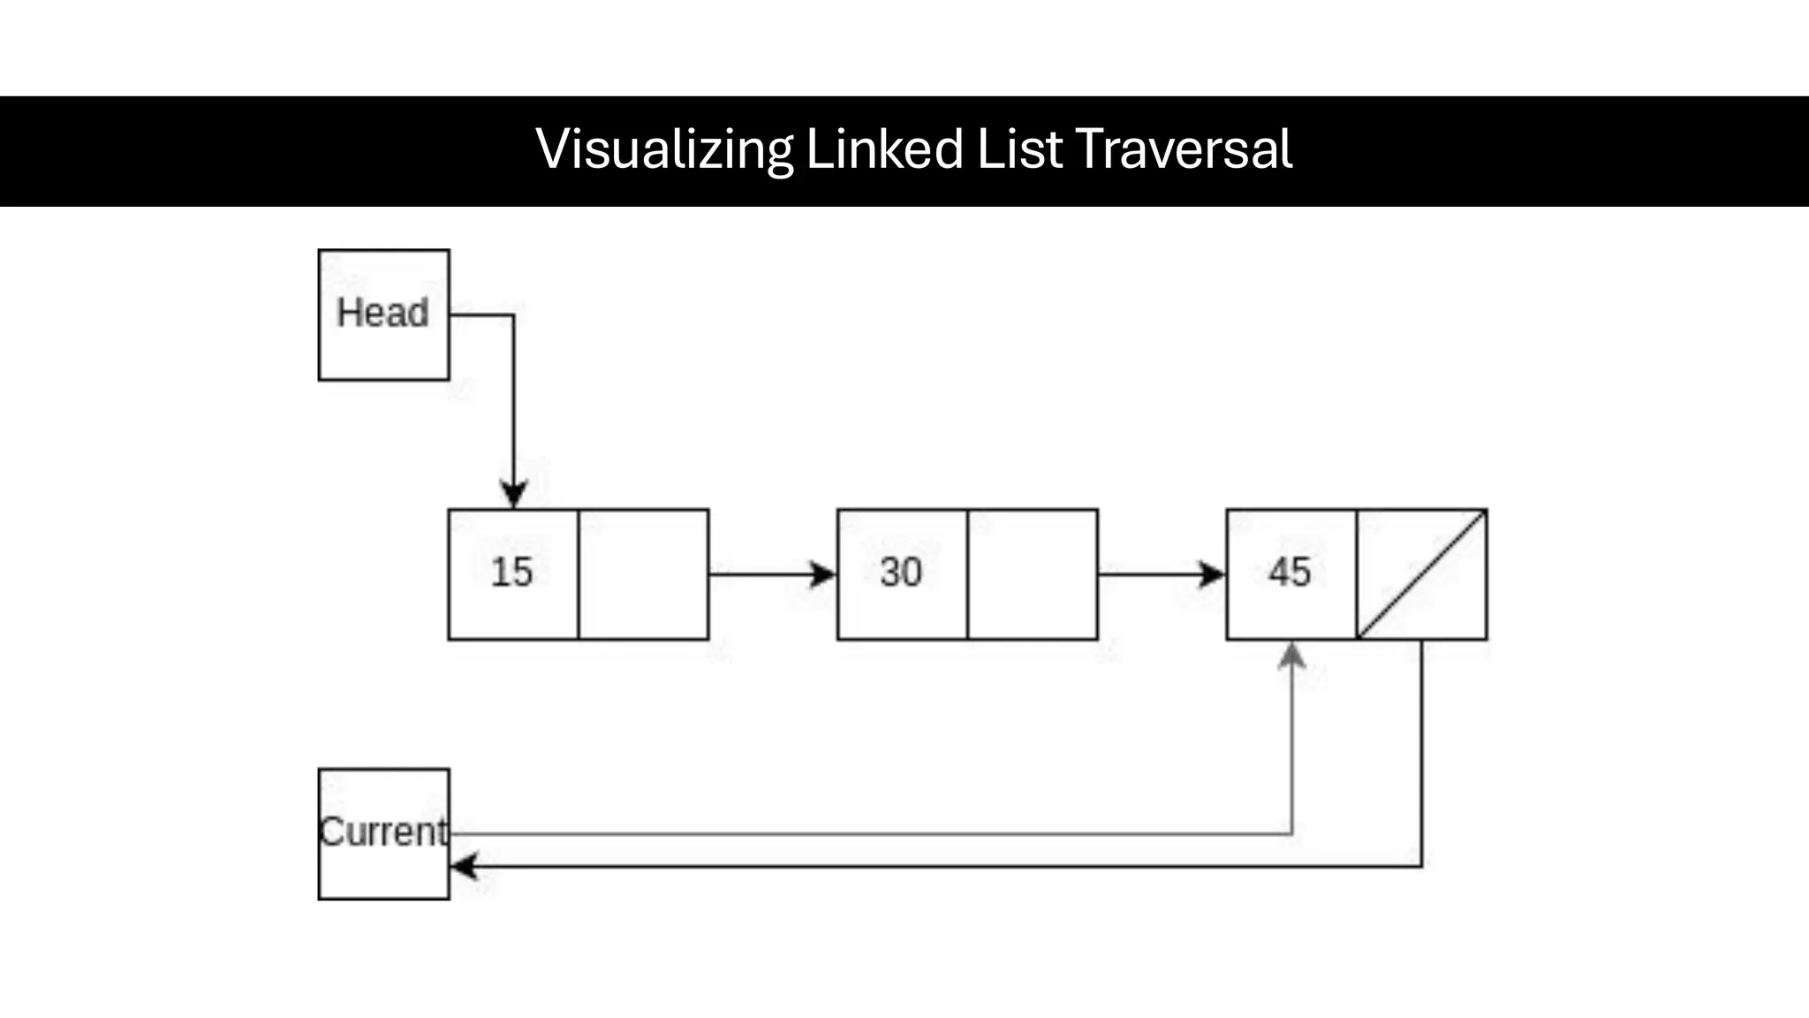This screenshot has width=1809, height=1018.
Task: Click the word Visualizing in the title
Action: (x=664, y=149)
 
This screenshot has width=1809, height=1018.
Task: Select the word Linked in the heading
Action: (x=884, y=149)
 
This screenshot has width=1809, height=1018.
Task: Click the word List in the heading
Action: (x=1018, y=149)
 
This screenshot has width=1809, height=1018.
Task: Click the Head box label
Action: (x=382, y=313)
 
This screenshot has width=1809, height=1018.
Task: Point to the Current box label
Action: (x=383, y=832)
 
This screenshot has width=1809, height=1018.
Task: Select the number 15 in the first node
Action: (x=511, y=573)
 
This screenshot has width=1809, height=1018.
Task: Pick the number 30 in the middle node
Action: (x=901, y=573)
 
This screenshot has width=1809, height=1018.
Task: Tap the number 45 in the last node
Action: (x=1290, y=573)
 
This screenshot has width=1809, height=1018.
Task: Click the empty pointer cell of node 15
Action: (x=643, y=574)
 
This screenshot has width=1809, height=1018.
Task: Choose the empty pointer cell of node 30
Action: (x=1033, y=574)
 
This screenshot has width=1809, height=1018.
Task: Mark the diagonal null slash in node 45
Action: (x=1422, y=574)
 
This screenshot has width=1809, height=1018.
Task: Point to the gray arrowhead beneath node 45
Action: (x=1292, y=655)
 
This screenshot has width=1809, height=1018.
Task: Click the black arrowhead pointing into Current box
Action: (x=464, y=867)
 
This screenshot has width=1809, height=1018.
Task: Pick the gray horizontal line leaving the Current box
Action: (x=866, y=833)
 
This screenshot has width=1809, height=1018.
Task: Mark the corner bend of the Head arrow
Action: (x=513, y=315)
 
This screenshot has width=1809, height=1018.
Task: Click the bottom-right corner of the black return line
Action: (x=1421, y=866)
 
